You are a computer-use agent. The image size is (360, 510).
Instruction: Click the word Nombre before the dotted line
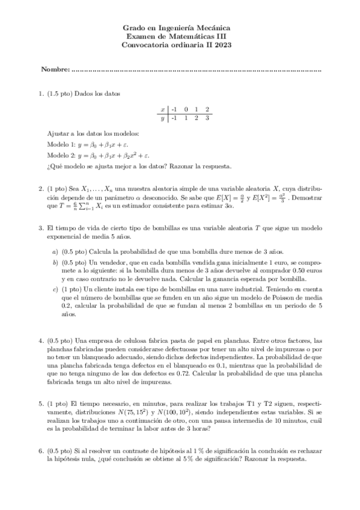pyautogui.click(x=55, y=70)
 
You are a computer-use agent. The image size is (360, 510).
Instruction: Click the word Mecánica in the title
pyautogui.click(x=213, y=28)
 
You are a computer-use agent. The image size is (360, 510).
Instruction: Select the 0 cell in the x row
pyautogui.click(x=186, y=109)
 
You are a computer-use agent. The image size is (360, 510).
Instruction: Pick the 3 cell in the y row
pyautogui.click(x=207, y=118)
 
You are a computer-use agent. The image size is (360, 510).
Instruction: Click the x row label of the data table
pyautogui.click(x=163, y=109)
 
